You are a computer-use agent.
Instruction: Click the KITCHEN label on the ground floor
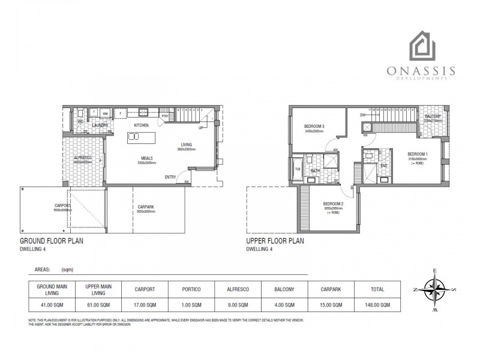(141, 125)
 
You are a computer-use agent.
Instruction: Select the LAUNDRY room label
(100, 125)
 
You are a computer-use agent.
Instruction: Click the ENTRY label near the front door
(171, 176)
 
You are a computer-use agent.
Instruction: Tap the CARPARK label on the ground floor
(146, 207)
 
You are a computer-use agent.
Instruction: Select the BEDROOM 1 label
(418, 154)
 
